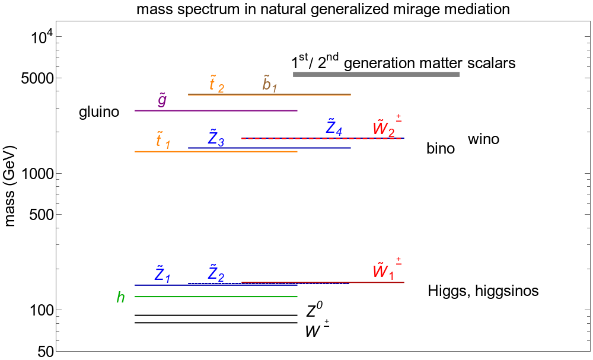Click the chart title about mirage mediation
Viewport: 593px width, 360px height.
(323, 9)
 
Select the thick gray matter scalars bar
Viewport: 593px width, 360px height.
(377, 74)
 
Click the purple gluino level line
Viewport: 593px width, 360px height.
(216, 110)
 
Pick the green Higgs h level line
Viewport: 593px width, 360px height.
(216, 296)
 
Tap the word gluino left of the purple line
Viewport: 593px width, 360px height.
(99, 112)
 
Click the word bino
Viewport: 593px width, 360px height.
(441, 149)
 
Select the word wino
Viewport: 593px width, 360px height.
(483, 139)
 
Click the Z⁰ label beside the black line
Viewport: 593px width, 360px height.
(314, 310)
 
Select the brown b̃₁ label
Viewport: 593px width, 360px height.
(270, 85)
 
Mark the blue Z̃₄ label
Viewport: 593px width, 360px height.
(334, 127)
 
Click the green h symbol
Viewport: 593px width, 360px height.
(121, 297)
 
